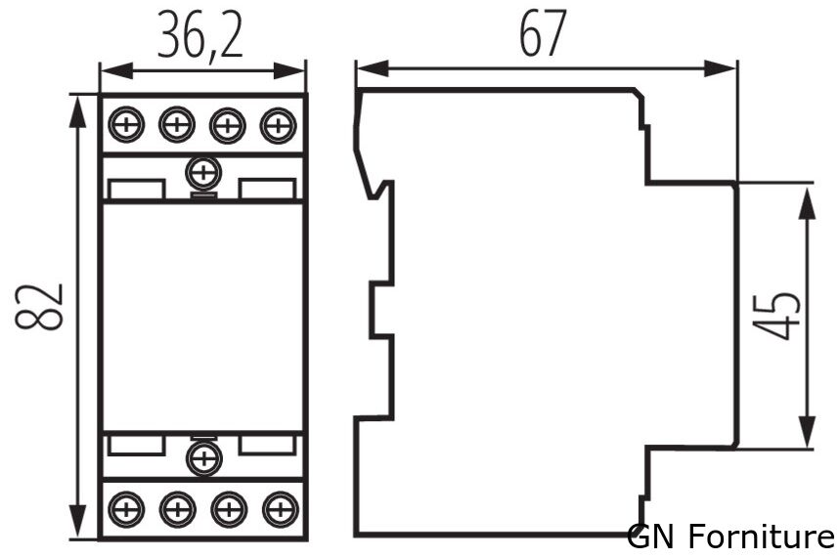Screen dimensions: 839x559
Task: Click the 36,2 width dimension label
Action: click(x=200, y=35)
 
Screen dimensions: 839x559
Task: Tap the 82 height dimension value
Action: click(x=38, y=307)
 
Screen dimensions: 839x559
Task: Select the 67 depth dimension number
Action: click(x=543, y=33)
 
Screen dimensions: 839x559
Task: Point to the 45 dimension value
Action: click(x=776, y=316)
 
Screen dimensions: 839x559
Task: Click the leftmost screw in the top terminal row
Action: click(x=126, y=125)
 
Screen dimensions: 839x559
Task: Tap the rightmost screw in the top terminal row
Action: click(x=279, y=126)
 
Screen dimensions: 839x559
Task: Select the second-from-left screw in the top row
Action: click(x=177, y=125)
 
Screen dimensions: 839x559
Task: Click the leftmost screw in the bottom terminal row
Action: click(x=126, y=509)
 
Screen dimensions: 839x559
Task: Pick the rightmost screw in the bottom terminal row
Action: click(x=281, y=509)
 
